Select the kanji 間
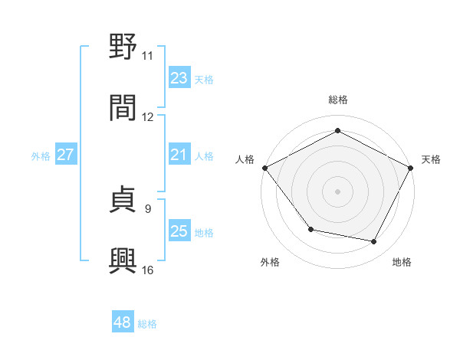click(x=123, y=108)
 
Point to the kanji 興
click(x=123, y=261)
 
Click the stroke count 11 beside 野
click(x=148, y=56)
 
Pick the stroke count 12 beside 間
click(x=148, y=117)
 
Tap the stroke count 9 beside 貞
click(x=148, y=208)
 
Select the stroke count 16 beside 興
click(x=148, y=270)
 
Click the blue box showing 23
click(x=179, y=78)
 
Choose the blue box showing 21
click(x=179, y=155)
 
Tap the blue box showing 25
click(x=179, y=231)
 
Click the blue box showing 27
click(x=66, y=155)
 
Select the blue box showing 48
click(x=123, y=323)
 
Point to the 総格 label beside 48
click(x=147, y=324)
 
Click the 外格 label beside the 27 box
click(x=41, y=155)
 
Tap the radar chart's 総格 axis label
click(x=337, y=100)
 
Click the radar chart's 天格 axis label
click(x=431, y=159)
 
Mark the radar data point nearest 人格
click(x=264, y=168)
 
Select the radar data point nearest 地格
click(x=374, y=242)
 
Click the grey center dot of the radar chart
click(x=337, y=191)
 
